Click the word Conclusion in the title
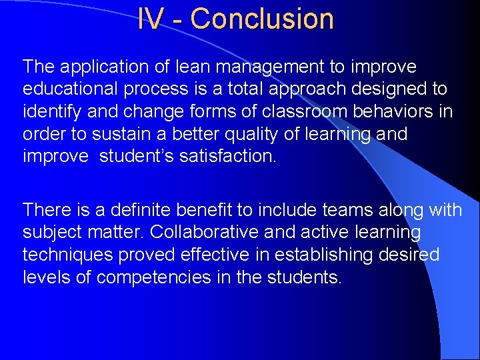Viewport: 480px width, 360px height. (x=262, y=19)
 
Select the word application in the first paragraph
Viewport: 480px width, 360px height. (x=105, y=67)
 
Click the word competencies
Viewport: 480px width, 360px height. (x=155, y=277)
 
